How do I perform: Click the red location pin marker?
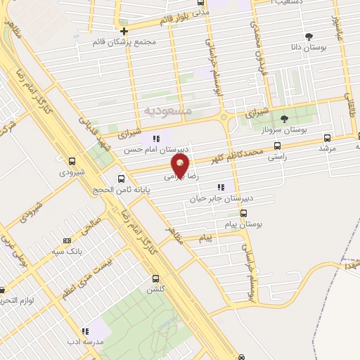pos(181,166)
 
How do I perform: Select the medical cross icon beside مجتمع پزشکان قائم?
pos(124,31)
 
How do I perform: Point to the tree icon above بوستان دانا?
pos(308,35)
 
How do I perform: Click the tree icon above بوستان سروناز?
pos(284,119)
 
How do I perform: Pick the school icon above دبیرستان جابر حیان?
pos(221,187)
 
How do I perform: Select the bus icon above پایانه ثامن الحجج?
pos(122,179)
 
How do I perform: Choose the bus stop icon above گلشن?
pos(155,278)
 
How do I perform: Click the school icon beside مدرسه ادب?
pos(85,331)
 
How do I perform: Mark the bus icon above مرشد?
pos(327,138)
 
